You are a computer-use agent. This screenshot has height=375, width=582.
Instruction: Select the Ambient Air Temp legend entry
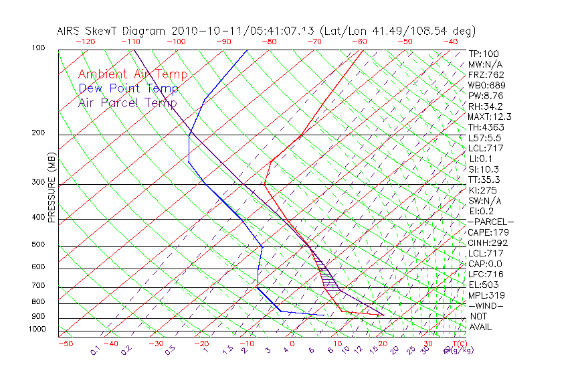(132, 74)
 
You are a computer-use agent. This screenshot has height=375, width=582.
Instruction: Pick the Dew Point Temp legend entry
(128, 88)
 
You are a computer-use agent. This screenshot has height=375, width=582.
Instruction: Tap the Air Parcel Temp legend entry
(127, 102)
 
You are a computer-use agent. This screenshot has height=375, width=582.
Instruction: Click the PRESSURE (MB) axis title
(52, 187)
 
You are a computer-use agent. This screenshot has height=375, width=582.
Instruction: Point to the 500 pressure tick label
(38, 244)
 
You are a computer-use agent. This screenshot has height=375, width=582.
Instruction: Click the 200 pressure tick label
(38, 133)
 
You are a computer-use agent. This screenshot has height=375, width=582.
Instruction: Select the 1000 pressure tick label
(36, 329)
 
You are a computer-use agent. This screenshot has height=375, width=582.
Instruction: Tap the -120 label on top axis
(85, 42)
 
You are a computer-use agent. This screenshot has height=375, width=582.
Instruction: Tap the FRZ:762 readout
(486, 74)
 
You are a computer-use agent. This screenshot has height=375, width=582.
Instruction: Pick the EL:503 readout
(483, 285)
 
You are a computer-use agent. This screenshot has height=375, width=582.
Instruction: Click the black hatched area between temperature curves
(326, 275)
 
